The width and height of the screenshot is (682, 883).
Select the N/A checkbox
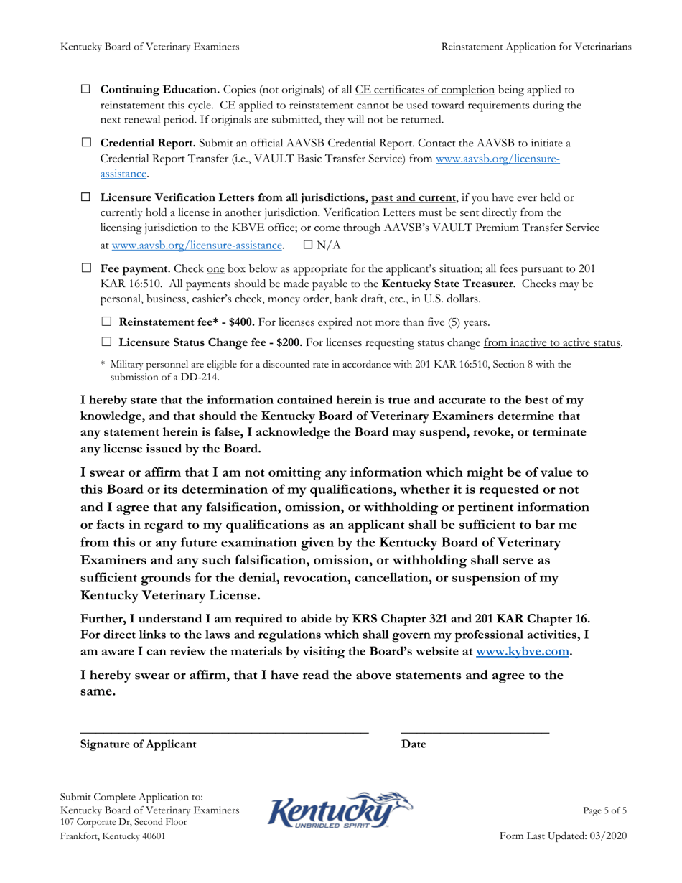(x=309, y=245)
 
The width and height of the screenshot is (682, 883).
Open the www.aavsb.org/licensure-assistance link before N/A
(x=197, y=246)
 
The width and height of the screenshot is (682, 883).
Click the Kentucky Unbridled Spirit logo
(x=340, y=811)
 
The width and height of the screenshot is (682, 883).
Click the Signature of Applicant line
(x=224, y=731)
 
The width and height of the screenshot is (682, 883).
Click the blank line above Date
(x=475, y=731)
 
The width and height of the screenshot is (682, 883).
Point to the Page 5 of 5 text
(x=604, y=810)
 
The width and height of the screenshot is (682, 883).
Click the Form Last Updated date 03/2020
(x=610, y=838)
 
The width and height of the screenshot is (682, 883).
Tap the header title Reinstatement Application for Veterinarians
(x=536, y=47)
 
